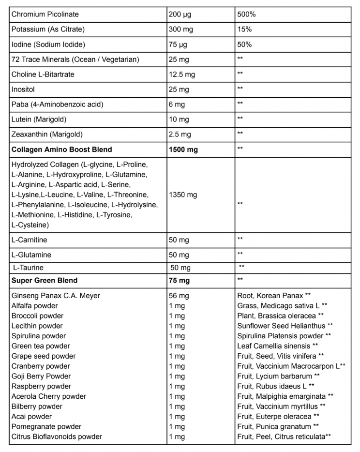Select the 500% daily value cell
click(246, 15)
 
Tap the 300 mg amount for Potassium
click(181, 30)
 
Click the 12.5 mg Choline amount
click(183, 75)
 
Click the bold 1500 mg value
click(183, 150)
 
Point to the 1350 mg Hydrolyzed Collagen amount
click(183, 195)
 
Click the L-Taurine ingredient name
click(29, 267)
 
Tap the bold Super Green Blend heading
click(44, 280)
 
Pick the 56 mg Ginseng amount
click(179, 296)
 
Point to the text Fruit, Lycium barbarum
click(274, 376)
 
